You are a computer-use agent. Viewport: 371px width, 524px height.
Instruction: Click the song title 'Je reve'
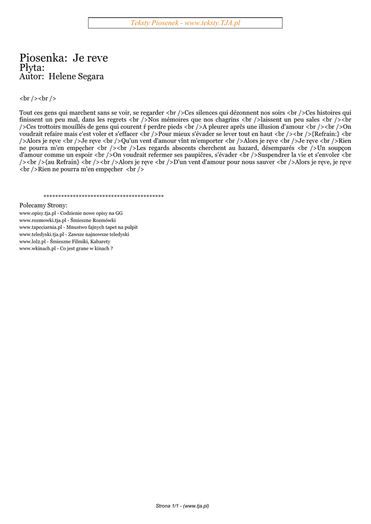(x=90, y=58)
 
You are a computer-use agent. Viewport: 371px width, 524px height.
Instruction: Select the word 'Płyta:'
(x=32, y=68)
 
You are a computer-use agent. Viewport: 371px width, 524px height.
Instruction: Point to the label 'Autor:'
(x=32, y=77)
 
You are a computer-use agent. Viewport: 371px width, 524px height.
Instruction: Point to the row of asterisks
(x=103, y=196)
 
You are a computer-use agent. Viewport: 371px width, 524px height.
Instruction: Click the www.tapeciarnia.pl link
(x=41, y=227)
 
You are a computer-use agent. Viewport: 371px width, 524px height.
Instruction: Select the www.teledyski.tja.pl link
(x=41, y=234)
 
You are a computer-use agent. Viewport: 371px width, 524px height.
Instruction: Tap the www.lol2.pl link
(x=32, y=241)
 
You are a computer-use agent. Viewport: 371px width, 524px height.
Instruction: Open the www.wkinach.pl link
(x=37, y=248)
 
